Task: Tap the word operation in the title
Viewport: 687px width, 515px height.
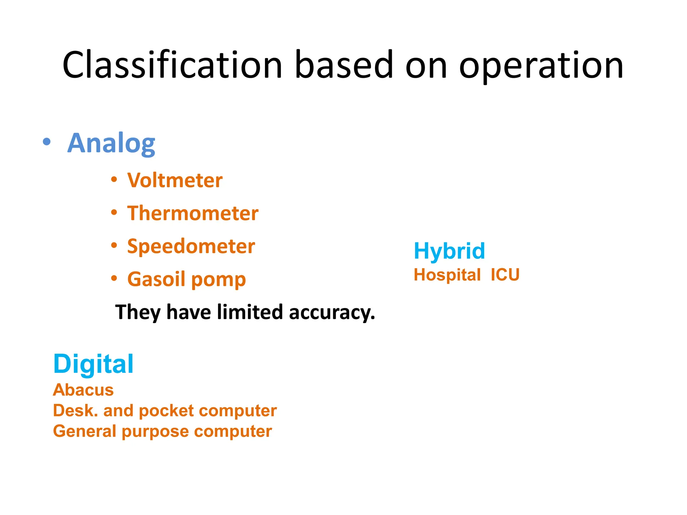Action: [x=541, y=66]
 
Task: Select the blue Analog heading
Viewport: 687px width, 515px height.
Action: [x=111, y=144]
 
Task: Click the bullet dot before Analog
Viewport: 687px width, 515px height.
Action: [x=47, y=142]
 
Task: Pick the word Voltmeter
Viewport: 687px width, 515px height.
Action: [x=175, y=180]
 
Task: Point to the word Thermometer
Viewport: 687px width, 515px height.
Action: [x=193, y=213]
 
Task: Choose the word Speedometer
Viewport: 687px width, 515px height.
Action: [x=191, y=246]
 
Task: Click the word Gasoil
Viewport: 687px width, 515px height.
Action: [x=156, y=279]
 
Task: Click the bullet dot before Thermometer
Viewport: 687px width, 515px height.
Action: [x=114, y=213]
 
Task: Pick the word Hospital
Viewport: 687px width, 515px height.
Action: [x=447, y=275]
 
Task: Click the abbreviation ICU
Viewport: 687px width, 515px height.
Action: [x=505, y=275]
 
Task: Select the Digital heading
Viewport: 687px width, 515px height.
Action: [x=93, y=364]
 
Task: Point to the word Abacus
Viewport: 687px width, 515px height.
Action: [x=83, y=390]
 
